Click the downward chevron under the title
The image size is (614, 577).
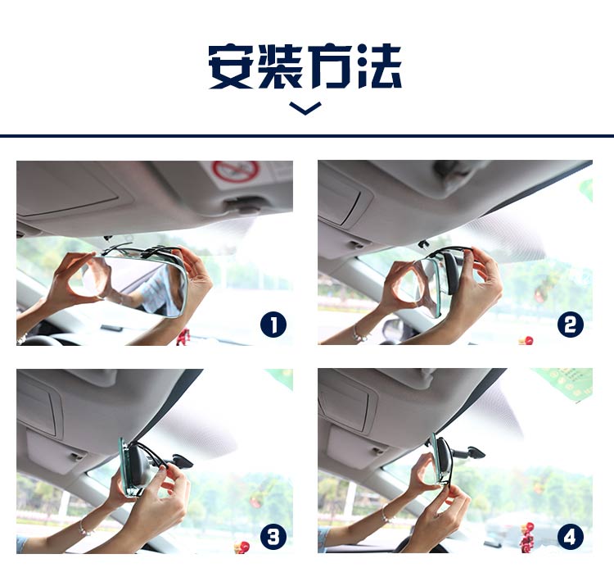click(305, 108)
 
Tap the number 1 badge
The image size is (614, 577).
click(273, 325)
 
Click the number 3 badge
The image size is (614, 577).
click(273, 537)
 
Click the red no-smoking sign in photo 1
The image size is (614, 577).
click(236, 171)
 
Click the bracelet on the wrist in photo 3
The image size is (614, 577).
click(83, 528)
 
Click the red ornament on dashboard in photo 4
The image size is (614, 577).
click(528, 529)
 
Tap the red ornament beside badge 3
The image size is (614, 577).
click(242, 546)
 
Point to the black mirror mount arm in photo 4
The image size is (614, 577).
click(467, 452)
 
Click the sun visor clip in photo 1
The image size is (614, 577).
click(246, 202)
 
